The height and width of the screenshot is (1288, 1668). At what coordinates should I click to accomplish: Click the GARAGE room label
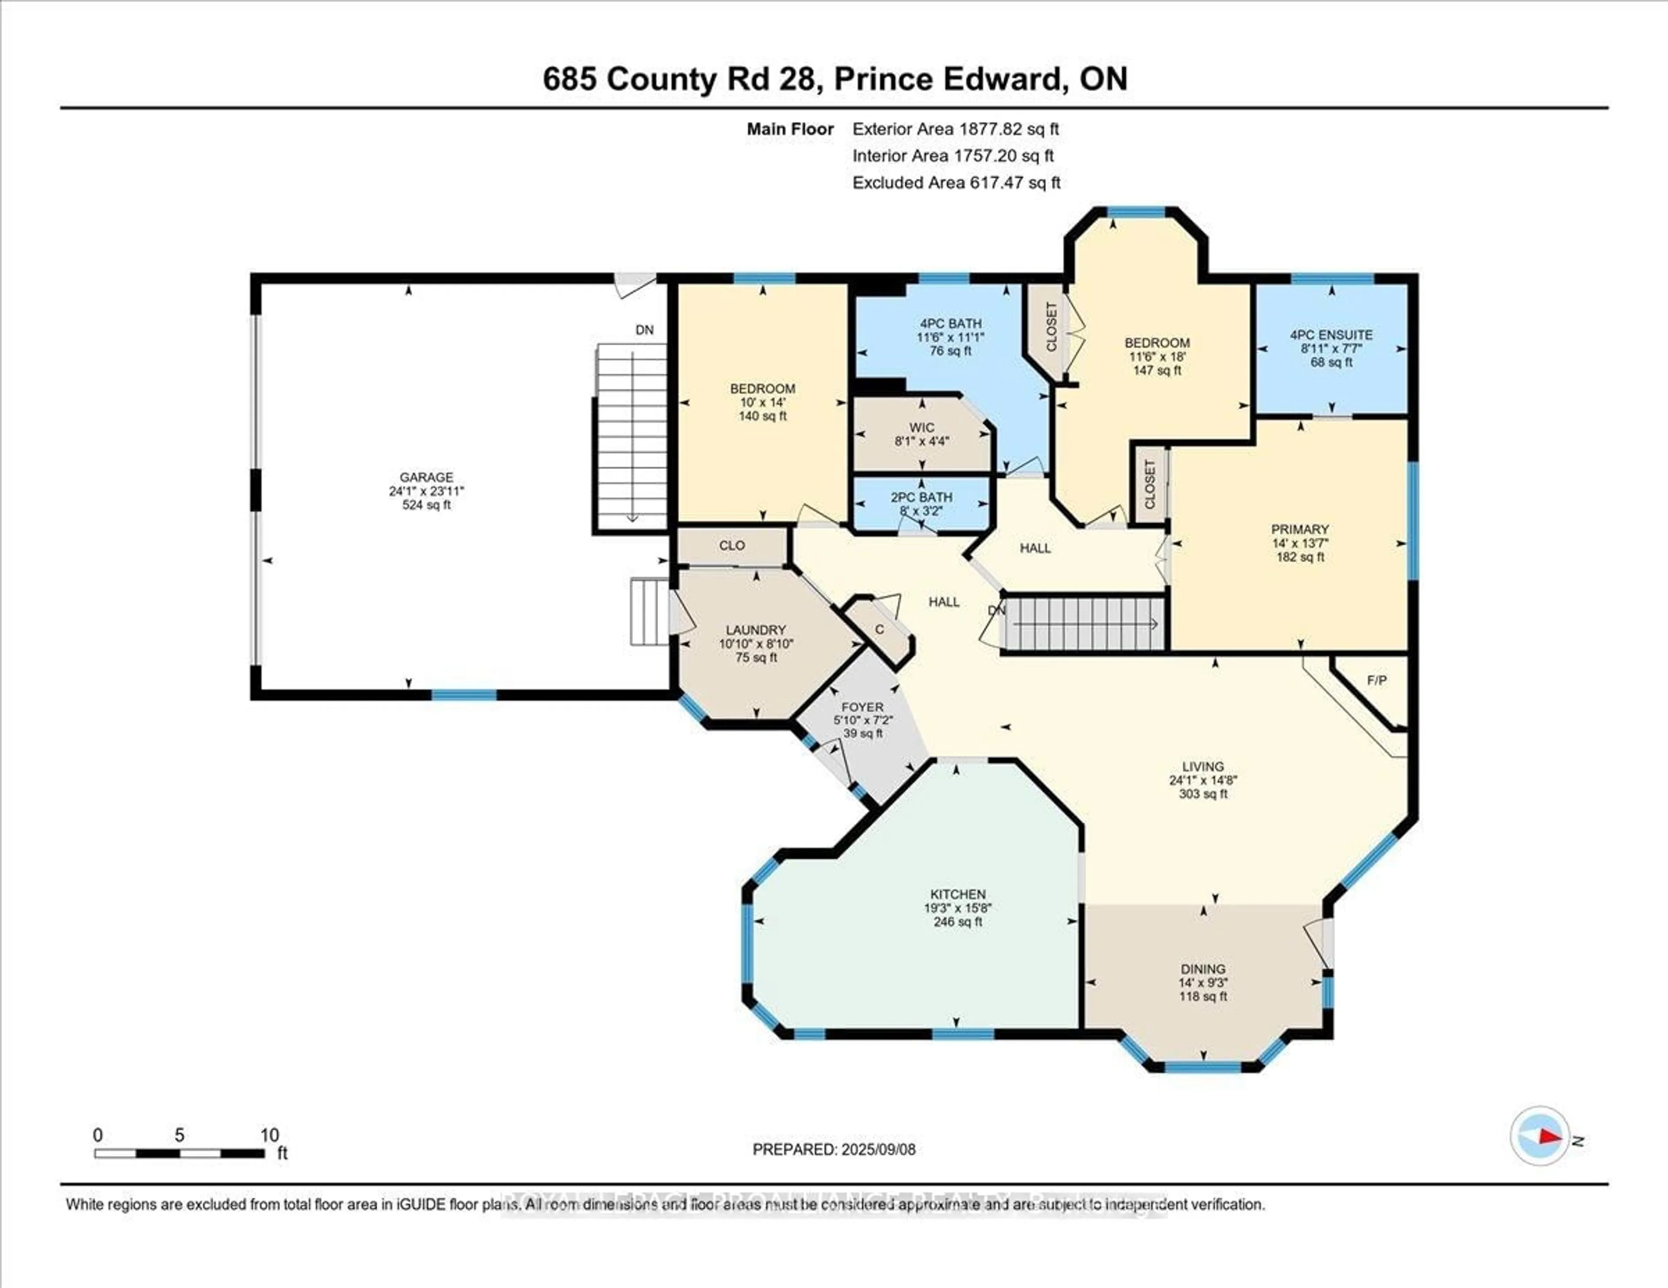(x=426, y=477)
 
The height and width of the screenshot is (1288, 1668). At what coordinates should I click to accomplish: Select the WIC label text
(x=922, y=428)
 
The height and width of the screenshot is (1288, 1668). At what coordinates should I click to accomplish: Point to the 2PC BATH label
(x=922, y=497)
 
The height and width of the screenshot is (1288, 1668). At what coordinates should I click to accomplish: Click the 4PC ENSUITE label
(x=1331, y=334)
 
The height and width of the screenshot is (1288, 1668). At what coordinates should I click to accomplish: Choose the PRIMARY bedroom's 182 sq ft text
(x=1300, y=557)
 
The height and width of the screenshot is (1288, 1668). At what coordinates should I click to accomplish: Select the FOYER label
(x=862, y=707)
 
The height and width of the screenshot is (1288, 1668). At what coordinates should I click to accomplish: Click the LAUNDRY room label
(x=755, y=630)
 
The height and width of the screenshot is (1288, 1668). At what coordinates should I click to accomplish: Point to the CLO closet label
(x=731, y=545)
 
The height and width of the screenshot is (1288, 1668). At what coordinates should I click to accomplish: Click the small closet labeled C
(x=879, y=629)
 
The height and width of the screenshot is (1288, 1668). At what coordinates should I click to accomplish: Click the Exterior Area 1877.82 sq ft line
(x=956, y=129)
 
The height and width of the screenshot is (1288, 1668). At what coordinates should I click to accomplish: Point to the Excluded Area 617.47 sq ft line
(x=956, y=182)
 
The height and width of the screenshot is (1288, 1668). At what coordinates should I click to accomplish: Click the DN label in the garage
(x=645, y=330)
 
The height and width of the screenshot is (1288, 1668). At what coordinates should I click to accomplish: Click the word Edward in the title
(x=1002, y=79)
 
